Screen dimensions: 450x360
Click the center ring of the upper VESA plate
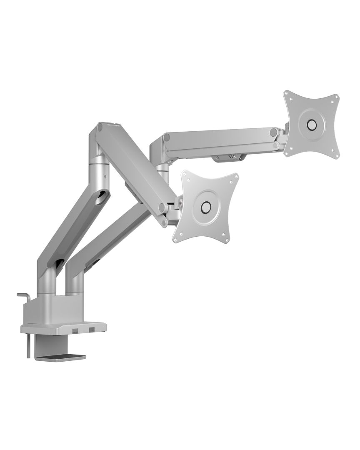click(311, 124)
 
